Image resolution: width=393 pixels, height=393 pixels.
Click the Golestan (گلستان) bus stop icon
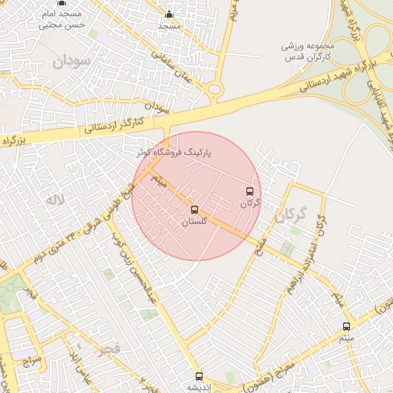[x=193, y=209]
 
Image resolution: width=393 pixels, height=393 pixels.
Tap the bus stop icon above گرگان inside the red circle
[x=249, y=191]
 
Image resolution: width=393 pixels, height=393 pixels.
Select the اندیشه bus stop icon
[x=200, y=376]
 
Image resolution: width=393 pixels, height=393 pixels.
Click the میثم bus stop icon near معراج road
[x=347, y=326]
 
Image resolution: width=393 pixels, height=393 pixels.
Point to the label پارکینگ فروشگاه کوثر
[x=182, y=154]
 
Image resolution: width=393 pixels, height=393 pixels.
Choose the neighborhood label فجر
[x=110, y=349]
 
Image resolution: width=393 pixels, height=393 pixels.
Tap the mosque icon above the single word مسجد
[x=170, y=15]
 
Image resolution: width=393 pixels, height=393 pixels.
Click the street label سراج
[x=28, y=359]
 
